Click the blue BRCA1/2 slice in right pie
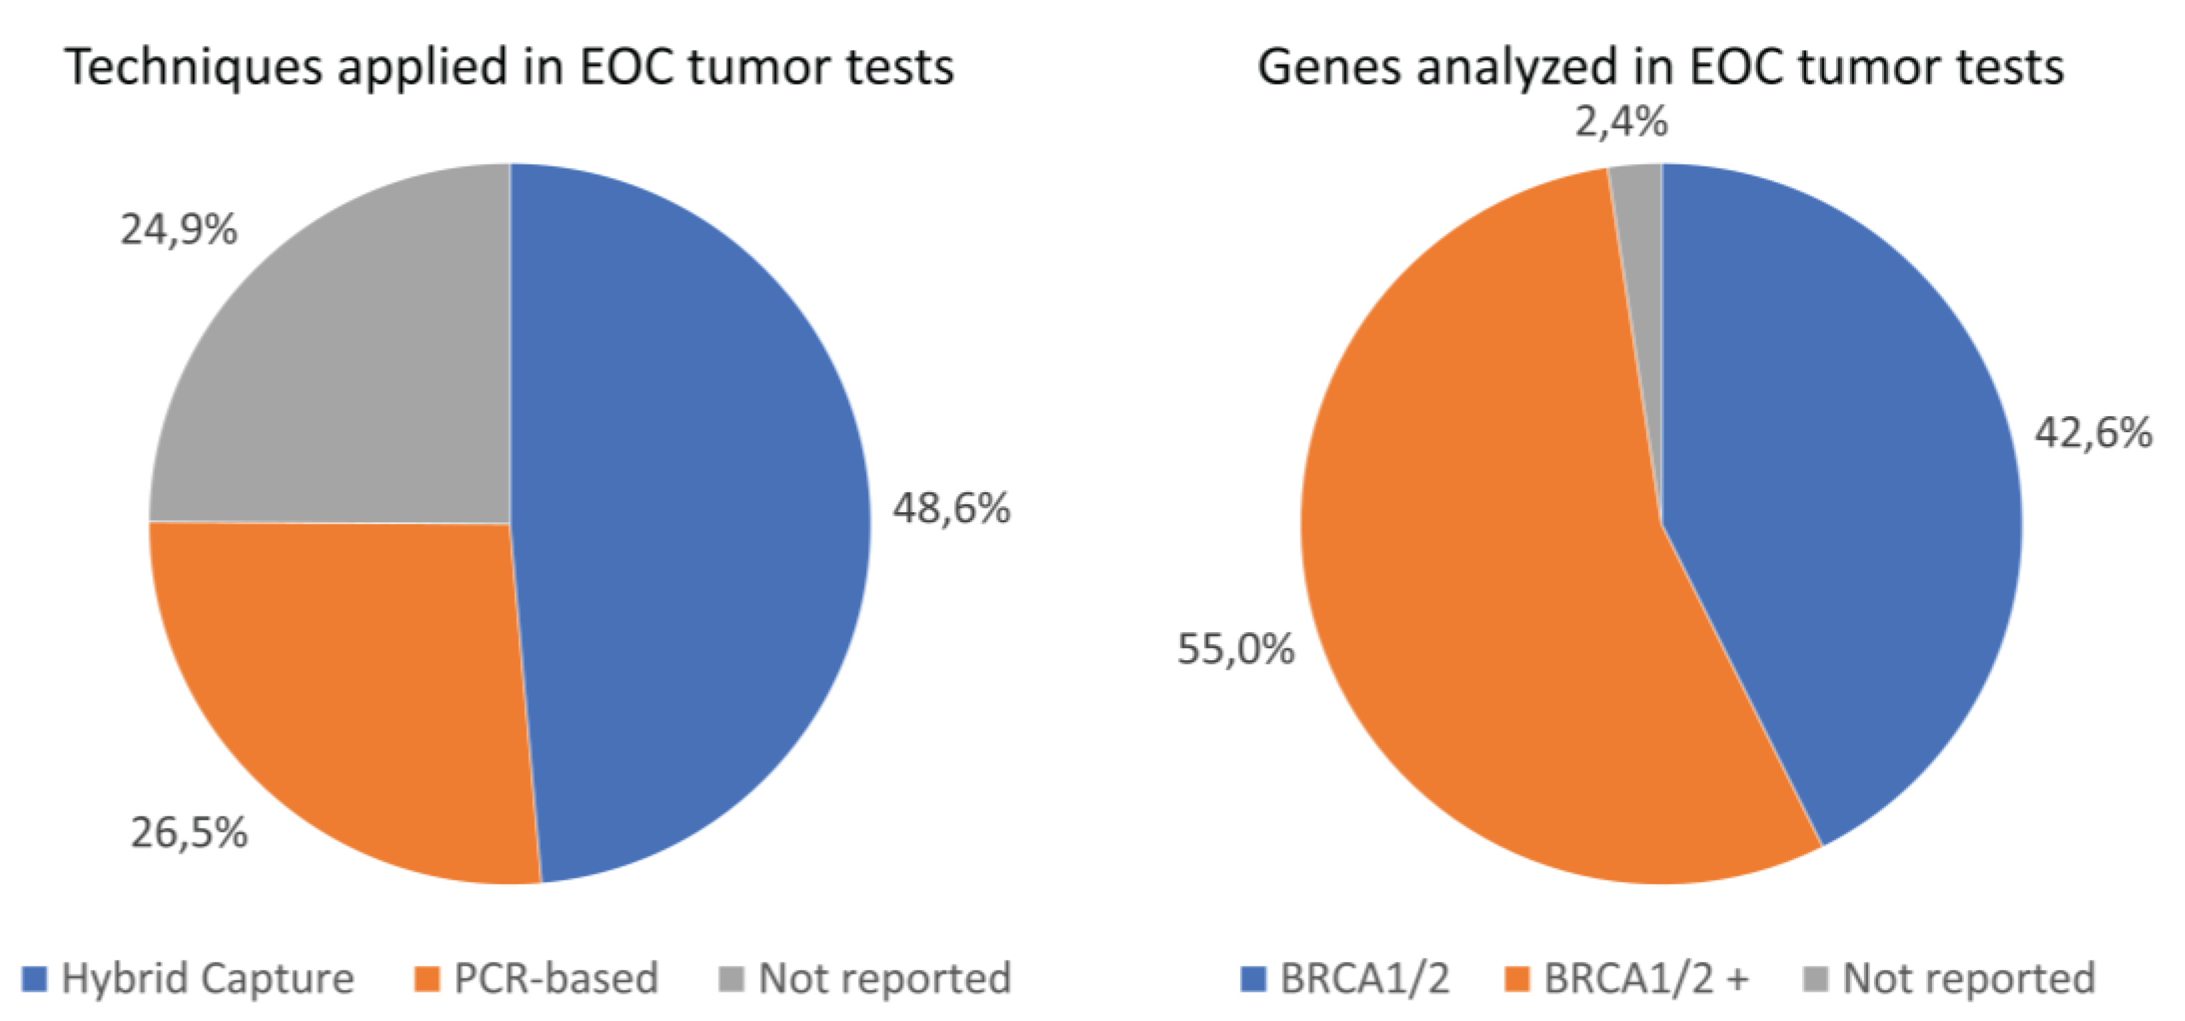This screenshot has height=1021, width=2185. [1841, 475]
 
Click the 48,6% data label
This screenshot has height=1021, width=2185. [951, 508]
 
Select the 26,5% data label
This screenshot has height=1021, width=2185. [189, 832]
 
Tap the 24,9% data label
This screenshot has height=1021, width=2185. [179, 230]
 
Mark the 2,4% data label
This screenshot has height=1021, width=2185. [1621, 121]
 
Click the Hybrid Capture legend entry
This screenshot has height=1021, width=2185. [207, 978]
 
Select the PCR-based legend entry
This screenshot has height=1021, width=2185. [555, 978]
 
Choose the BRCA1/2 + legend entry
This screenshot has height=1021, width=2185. [1646, 978]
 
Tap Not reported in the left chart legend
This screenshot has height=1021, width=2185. [884, 978]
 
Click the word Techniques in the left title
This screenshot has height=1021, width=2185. [193, 68]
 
